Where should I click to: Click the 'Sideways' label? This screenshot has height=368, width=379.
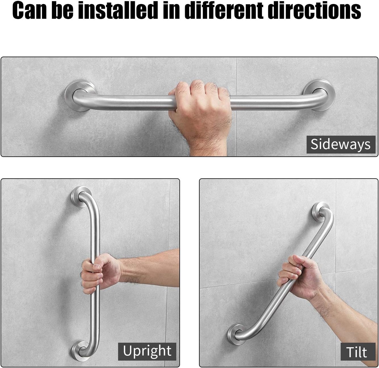click(341, 144)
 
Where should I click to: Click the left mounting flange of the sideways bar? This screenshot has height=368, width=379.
click(81, 96)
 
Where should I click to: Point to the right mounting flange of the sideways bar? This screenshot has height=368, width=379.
click(319, 95)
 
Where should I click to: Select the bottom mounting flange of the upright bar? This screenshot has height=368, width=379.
click(81, 351)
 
